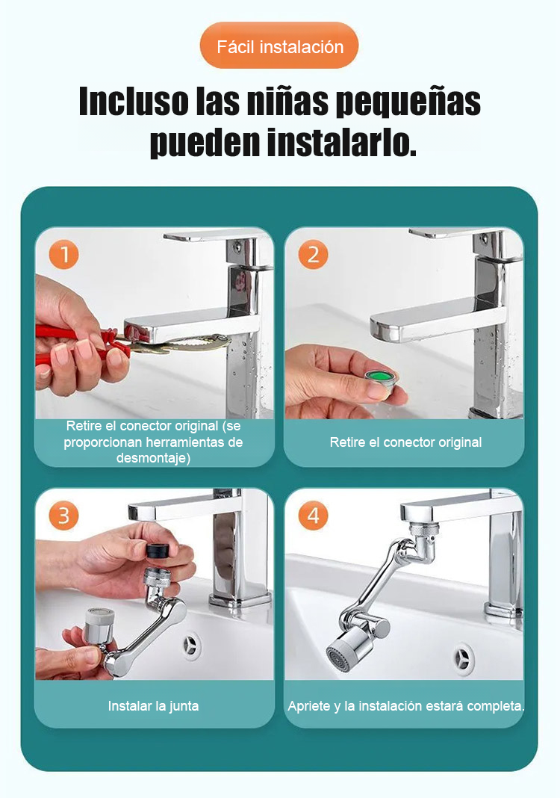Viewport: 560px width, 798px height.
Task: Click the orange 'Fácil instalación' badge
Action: tap(279, 46)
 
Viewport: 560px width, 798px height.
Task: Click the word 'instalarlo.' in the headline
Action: tap(341, 142)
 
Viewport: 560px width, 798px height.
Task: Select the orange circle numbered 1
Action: tap(64, 255)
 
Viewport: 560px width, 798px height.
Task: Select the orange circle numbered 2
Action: tap(314, 255)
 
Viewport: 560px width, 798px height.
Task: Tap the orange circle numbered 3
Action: tap(64, 516)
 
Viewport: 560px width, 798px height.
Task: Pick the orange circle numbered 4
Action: tap(314, 516)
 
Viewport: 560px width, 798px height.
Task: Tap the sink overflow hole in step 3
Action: tap(191, 646)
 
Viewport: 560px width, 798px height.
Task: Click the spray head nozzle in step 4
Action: tap(342, 652)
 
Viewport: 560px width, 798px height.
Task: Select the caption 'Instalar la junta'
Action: tap(153, 706)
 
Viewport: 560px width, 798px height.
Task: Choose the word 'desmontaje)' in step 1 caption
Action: tap(153, 458)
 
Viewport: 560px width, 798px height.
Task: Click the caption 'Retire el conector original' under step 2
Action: tap(405, 442)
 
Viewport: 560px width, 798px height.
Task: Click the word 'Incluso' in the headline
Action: tap(134, 101)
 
